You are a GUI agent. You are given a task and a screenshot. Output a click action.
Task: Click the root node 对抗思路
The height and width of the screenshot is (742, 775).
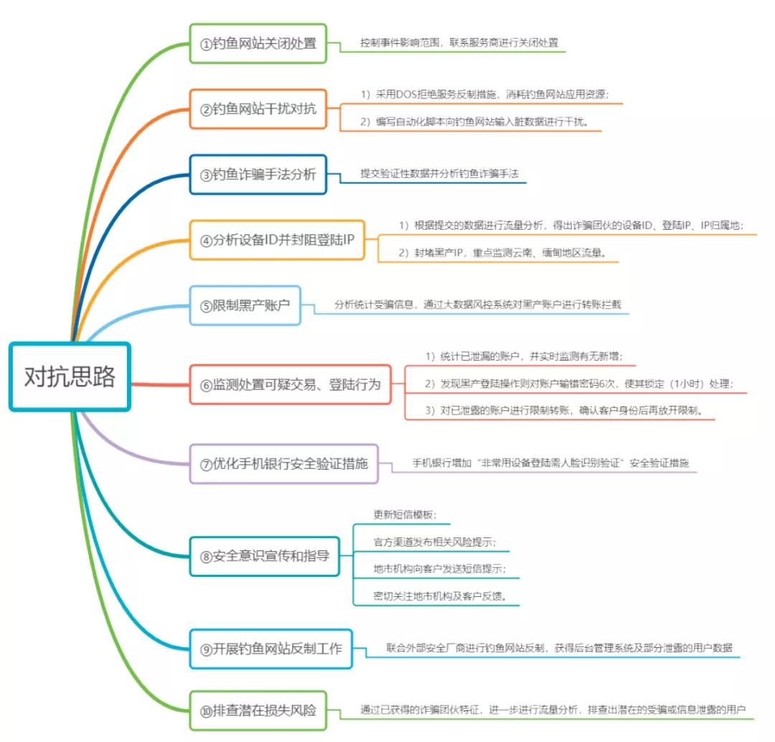[70, 376]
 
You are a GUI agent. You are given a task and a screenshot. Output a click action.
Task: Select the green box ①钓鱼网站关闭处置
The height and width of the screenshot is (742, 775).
[258, 43]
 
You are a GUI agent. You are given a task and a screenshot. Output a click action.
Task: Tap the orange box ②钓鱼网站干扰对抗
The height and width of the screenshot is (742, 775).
[258, 109]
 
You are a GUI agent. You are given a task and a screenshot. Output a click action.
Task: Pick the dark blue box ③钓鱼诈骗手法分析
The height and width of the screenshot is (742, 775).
[258, 175]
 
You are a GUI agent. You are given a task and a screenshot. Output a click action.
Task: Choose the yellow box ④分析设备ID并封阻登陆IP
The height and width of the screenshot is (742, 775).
[277, 240]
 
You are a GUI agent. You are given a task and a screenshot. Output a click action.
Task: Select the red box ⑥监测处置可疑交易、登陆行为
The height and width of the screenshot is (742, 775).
[291, 384]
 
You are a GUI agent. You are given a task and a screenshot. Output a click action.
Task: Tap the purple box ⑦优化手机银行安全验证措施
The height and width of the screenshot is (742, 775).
[283, 463]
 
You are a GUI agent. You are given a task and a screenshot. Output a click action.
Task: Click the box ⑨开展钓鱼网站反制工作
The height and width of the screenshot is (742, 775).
[271, 649]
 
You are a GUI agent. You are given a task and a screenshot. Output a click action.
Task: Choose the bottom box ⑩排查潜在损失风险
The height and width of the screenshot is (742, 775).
[258, 711]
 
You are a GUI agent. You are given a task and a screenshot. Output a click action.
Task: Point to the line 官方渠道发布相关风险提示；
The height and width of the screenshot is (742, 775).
[435, 542]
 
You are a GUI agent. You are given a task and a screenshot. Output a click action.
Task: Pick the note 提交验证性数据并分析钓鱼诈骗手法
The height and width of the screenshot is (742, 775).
[440, 174]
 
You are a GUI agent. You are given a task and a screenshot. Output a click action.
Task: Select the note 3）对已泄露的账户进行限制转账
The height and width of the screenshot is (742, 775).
[563, 410]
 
